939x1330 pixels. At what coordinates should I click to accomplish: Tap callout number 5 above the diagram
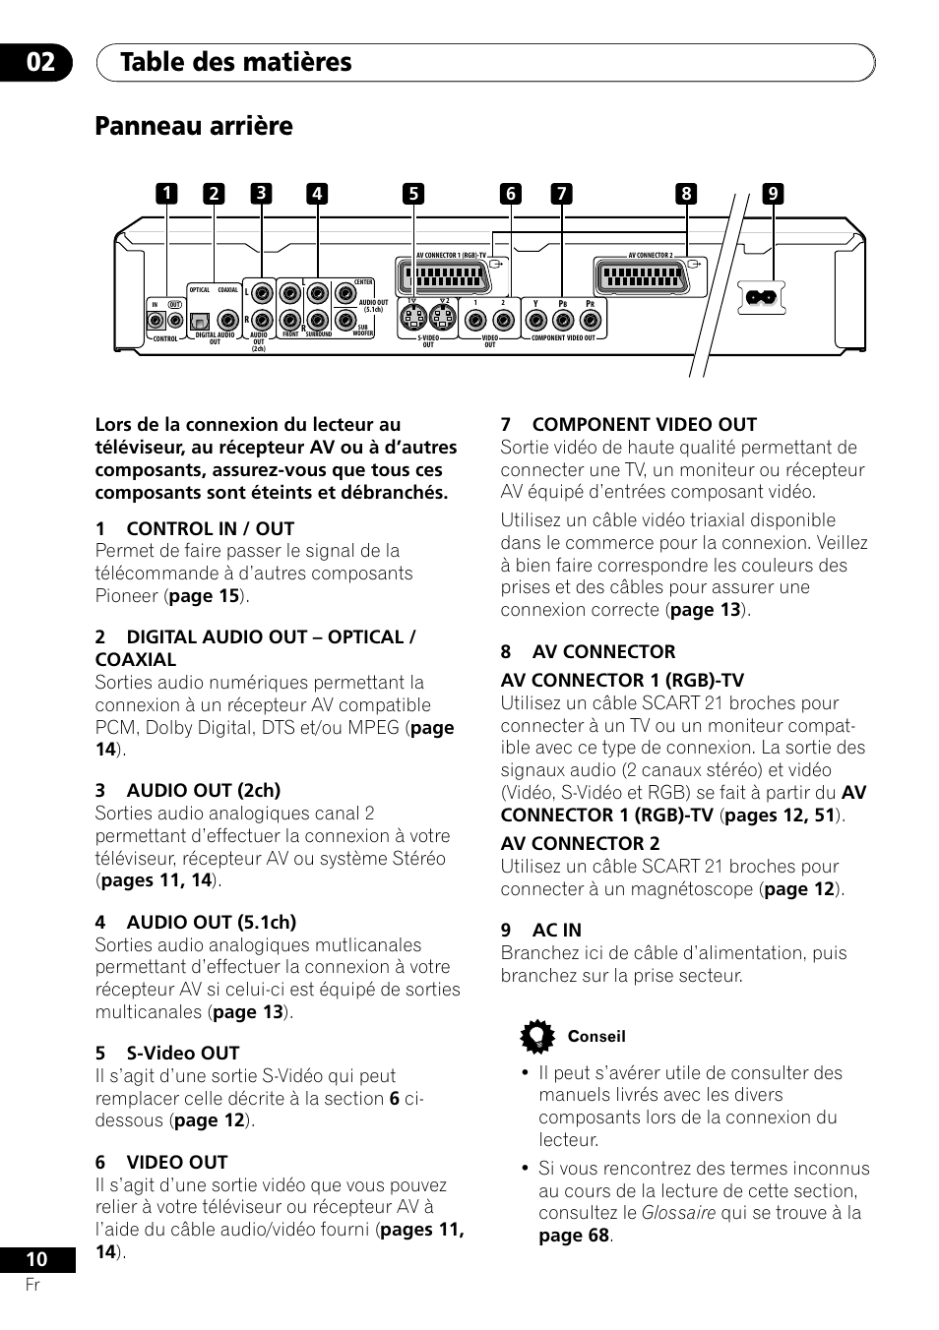pos(413,194)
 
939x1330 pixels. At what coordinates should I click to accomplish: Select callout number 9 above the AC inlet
pos(773,194)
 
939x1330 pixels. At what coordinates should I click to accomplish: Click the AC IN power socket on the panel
pos(762,297)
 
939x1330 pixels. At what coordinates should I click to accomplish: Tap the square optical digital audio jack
pos(200,320)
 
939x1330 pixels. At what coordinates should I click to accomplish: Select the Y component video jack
pos(536,320)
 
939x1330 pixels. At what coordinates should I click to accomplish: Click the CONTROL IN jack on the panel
pos(155,320)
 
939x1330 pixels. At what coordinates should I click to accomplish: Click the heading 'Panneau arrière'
pos(194,127)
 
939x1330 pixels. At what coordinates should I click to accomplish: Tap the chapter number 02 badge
pos(42,62)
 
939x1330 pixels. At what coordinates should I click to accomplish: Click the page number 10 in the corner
pos(35,1258)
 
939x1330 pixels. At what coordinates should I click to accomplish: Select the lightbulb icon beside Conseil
pos(536,1037)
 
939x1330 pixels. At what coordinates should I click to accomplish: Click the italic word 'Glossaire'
pos(678,1213)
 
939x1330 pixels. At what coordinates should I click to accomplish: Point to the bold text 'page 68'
pos(574,1236)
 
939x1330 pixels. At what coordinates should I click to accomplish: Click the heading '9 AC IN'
pos(540,930)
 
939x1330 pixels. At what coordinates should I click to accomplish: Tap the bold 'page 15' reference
pos(206,595)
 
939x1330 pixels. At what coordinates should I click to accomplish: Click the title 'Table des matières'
pos(236,62)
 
